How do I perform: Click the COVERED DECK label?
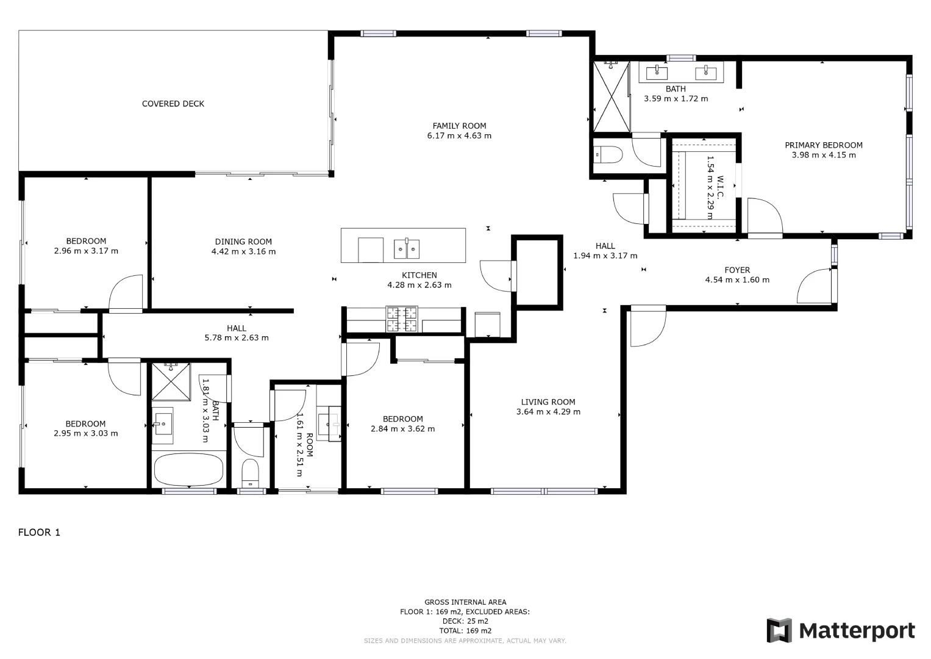tap(173, 104)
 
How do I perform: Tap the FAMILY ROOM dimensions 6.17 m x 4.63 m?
tap(459, 136)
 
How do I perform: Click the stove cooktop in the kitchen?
tap(402, 319)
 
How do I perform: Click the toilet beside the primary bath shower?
tap(608, 156)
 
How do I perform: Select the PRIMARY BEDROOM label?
tap(823, 145)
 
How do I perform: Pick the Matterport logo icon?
tap(779, 630)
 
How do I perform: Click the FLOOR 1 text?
tap(39, 532)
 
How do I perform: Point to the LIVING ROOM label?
tap(548, 402)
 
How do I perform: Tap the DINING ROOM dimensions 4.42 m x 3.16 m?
tap(243, 251)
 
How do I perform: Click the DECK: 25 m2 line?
tap(465, 621)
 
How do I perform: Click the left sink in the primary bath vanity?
tap(657, 72)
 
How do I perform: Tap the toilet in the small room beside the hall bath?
tap(250, 473)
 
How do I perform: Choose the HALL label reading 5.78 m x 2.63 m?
tap(237, 337)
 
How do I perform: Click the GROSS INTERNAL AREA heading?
tap(465, 602)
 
